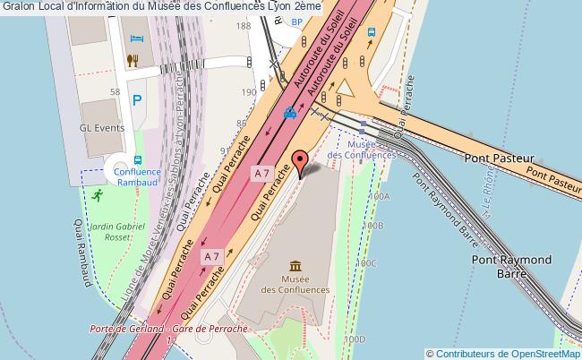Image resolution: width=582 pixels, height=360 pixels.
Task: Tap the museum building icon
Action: coord(295,266)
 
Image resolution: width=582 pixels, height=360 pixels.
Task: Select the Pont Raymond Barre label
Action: coord(511,266)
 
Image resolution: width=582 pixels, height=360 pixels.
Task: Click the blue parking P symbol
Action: coord(138,101)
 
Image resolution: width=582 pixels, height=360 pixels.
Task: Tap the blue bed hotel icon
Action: coord(136,39)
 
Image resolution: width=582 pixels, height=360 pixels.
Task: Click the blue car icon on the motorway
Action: coord(289,114)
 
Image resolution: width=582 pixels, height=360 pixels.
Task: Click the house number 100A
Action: coord(379,196)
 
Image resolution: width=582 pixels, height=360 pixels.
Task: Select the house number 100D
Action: coord(355,339)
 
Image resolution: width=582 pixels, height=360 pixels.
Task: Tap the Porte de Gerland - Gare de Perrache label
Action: coord(168,330)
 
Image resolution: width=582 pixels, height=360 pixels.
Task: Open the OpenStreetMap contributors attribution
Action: coord(503,353)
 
